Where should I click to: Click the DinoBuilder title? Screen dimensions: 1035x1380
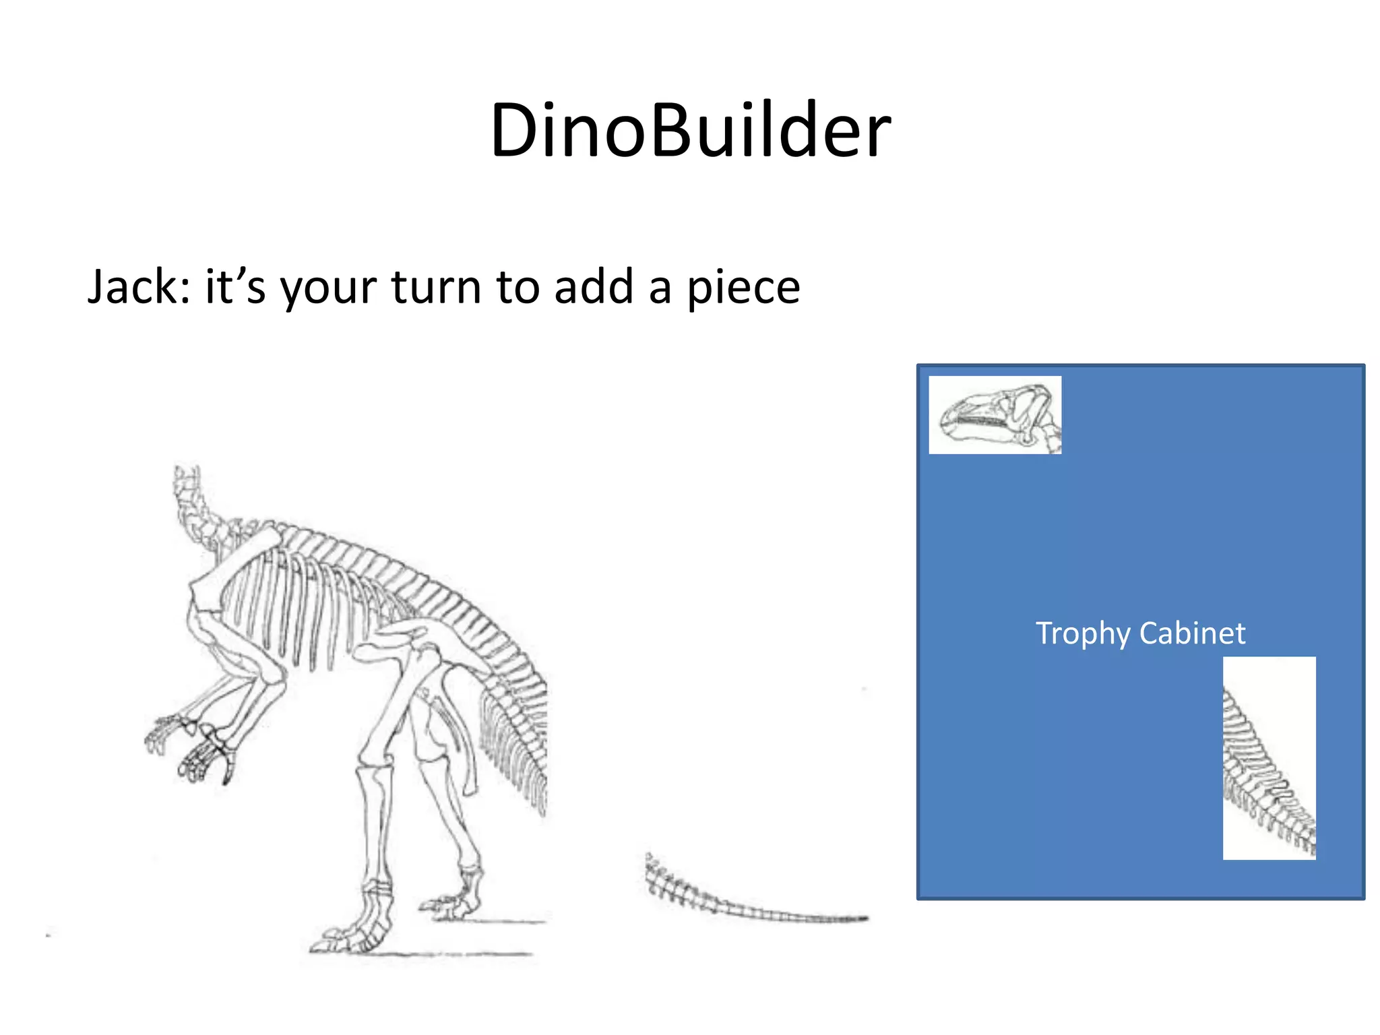tap(690, 131)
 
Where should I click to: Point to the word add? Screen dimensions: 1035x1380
tap(593, 287)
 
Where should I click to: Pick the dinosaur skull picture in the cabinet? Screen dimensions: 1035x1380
tap(995, 415)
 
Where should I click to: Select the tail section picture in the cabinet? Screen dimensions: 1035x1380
tap(1269, 758)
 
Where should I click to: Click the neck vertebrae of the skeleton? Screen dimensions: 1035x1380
tap(195, 512)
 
